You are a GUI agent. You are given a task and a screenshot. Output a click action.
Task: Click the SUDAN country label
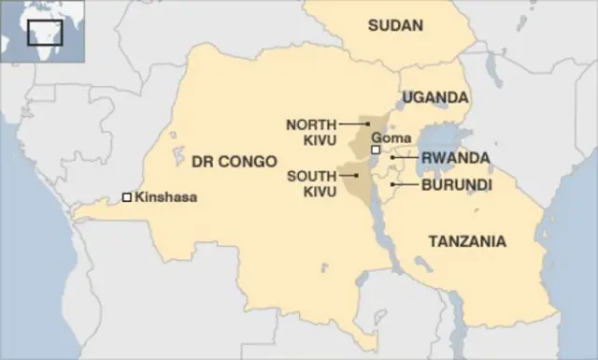[x=395, y=25]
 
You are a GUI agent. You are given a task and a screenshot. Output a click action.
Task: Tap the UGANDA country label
[x=434, y=97]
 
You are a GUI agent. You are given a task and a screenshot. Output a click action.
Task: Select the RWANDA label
[x=455, y=157]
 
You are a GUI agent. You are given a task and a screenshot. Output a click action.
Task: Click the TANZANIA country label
[x=467, y=241]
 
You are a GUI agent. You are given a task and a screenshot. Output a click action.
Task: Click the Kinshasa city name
[x=166, y=197]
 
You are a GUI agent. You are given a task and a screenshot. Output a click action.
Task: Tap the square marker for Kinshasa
[x=126, y=197]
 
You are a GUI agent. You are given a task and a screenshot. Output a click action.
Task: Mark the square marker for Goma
[x=376, y=150]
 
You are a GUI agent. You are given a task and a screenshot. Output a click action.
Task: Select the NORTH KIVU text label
[x=311, y=131]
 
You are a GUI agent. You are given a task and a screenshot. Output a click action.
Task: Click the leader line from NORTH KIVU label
[x=355, y=123]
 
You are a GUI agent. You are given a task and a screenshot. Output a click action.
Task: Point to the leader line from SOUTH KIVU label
[x=348, y=174]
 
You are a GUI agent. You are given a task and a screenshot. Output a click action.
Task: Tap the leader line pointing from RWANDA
[x=404, y=157]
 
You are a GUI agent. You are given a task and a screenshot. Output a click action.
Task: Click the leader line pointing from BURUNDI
[x=404, y=184]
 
